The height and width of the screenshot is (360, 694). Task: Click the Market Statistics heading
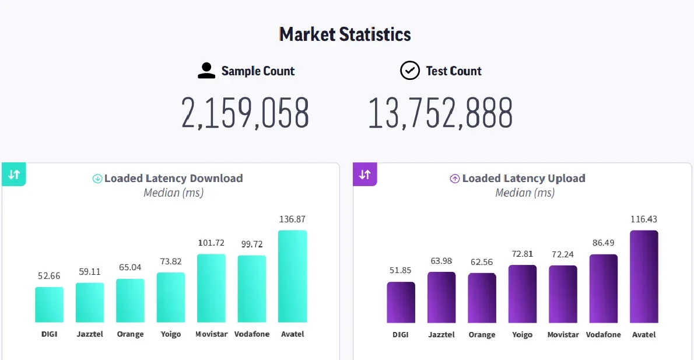(345, 34)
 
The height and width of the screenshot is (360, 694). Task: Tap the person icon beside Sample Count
(206, 71)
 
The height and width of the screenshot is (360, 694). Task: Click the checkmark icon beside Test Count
(409, 71)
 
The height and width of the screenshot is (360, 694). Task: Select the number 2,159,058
(245, 113)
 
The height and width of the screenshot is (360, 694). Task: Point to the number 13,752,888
(440, 113)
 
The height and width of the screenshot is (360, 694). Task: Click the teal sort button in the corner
(14, 174)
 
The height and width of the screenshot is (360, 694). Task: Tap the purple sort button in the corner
(365, 174)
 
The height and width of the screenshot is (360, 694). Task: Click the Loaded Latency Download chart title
(173, 179)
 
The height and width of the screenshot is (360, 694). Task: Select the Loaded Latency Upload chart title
(524, 179)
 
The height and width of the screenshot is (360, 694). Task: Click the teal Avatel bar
(292, 277)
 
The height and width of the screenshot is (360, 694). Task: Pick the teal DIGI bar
(49, 305)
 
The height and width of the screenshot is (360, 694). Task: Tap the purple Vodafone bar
(603, 288)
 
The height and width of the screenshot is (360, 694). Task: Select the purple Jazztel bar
(441, 297)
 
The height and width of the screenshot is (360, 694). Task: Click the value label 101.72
(211, 243)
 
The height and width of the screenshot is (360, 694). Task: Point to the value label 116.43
(644, 219)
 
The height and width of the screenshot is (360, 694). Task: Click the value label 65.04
(130, 268)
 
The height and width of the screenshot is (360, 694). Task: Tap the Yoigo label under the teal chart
(171, 334)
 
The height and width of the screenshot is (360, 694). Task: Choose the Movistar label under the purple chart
(563, 335)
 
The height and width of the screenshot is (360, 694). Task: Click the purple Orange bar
(482, 298)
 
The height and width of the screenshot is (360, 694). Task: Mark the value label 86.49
(603, 243)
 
